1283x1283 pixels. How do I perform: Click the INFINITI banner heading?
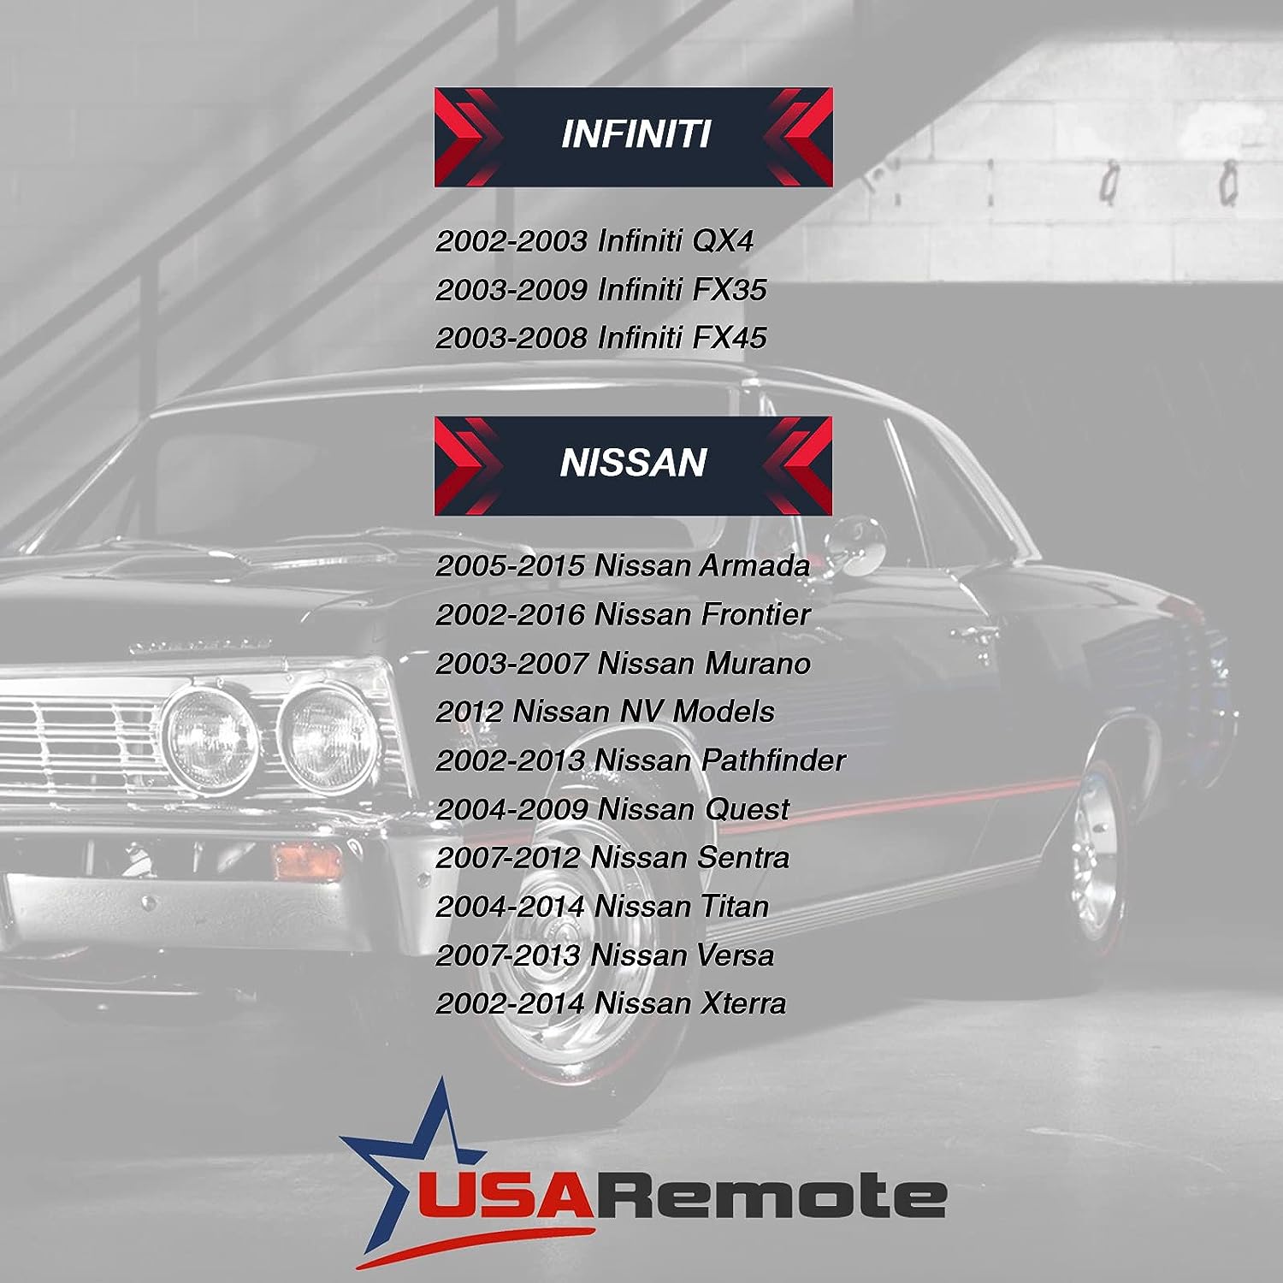pos(636,134)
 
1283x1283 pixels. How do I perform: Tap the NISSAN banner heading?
pos(633,464)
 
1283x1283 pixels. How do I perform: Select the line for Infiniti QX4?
pos(594,241)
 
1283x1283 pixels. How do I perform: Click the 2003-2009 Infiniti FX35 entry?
pos(601,290)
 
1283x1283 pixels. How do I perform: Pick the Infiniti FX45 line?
pos(601,338)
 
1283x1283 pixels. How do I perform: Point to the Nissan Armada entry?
pos(623,565)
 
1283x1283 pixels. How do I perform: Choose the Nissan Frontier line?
pos(623,614)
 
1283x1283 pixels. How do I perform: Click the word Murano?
pos(757,663)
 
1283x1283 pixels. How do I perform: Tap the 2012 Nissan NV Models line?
pos(605,712)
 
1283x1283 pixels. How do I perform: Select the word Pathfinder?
pos(773,760)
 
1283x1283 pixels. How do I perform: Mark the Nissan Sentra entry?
pos(612,858)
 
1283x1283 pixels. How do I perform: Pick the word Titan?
pos(735,907)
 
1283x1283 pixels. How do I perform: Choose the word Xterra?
pos(743,1003)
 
